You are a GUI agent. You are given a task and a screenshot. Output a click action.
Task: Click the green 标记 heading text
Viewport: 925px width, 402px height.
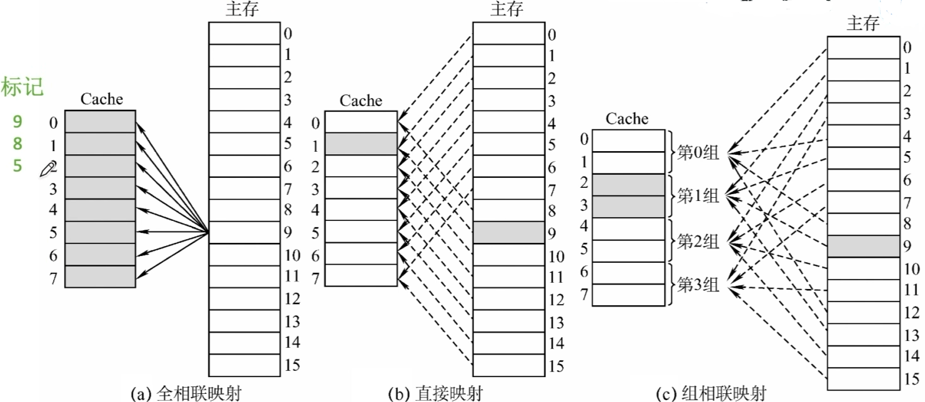[x=22, y=88]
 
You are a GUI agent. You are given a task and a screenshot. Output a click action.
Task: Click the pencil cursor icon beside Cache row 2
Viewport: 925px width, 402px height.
[x=47, y=168]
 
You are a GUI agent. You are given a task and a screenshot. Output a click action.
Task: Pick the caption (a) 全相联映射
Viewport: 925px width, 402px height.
[x=185, y=393]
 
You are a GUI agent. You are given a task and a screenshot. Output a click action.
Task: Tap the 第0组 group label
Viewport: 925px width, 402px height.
[x=698, y=152]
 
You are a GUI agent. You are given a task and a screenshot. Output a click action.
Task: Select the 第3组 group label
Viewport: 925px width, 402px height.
[x=698, y=285]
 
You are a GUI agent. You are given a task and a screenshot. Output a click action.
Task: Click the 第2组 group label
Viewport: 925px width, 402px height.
[x=698, y=241]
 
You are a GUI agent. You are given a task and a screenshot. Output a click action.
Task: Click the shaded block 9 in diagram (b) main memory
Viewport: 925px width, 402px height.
[x=508, y=232]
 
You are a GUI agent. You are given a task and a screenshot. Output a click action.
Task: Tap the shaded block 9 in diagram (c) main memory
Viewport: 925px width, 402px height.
[x=863, y=246]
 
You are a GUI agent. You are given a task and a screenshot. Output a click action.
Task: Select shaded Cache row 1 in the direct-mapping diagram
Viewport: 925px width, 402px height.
[x=361, y=144]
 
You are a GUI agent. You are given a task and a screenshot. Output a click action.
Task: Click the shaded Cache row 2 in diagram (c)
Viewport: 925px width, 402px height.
[x=628, y=185]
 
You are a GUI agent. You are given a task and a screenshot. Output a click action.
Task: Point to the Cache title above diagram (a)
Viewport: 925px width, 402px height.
[x=102, y=99]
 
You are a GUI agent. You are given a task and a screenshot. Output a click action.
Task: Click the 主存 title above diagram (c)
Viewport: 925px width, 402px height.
[x=863, y=24]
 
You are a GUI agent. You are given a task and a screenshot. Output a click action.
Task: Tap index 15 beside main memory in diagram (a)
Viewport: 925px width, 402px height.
[x=292, y=365]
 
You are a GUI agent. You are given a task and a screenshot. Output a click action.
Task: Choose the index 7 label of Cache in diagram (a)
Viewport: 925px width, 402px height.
[x=54, y=278]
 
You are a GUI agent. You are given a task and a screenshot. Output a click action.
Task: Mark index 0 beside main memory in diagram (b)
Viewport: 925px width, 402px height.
[x=551, y=35]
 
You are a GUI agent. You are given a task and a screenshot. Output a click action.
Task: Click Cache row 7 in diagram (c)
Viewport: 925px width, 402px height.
[x=628, y=295]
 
